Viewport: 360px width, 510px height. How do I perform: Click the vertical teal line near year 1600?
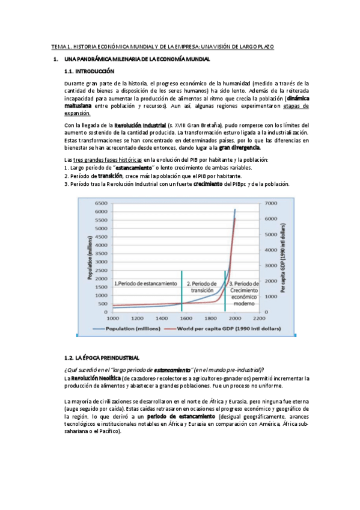181,283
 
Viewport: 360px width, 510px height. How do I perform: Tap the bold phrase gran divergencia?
240,147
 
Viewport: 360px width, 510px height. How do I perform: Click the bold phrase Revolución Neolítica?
94,378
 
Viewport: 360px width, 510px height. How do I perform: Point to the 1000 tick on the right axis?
270,296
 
